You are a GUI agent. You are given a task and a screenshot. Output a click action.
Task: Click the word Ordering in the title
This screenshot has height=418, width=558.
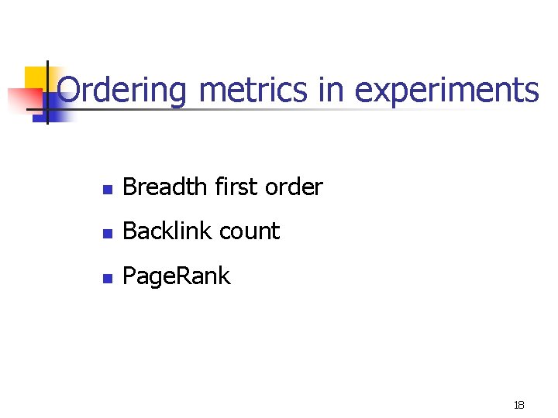[x=122, y=90]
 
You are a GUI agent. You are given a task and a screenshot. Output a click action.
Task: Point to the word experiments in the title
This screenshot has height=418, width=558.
[x=446, y=91]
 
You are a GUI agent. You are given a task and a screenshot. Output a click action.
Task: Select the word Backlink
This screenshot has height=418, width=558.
[x=167, y=231]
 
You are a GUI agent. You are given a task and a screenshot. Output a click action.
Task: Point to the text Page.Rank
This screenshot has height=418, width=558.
[x=177, y=276]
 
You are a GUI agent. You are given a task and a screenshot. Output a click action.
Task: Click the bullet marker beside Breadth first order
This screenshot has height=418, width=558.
[x=108, y=188]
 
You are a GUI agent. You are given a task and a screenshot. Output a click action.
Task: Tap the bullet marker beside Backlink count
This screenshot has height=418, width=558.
[x=108, y=232]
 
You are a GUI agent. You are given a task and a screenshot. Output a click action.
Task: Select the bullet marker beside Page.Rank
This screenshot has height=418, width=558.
[x=108, y=277]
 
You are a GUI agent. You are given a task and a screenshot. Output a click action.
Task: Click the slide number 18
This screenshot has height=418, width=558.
[x=518, y=405]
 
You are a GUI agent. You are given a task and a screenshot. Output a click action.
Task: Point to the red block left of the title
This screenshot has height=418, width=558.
[x=23, y=99]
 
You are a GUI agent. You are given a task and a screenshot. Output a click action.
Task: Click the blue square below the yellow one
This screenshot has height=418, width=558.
[x=57, y=109]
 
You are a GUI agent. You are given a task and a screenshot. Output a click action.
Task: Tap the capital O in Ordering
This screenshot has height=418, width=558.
[x=70, y=90]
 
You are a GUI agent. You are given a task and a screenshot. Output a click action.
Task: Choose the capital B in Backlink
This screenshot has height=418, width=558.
[x=129, y=231]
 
